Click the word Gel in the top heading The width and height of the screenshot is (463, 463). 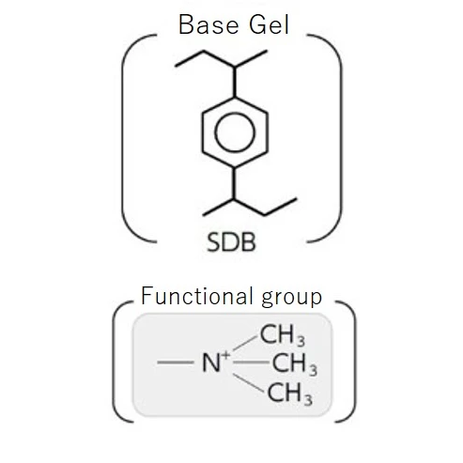pos(270,24)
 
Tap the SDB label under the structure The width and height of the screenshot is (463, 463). pos(231,242)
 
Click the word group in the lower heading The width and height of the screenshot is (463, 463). pos(291,298)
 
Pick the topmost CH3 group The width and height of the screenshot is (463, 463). pos(283,335)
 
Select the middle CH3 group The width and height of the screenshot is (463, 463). pos(295,364)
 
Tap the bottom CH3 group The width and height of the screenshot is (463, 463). pos(290,394)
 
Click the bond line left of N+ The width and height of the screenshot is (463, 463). pos(176,363)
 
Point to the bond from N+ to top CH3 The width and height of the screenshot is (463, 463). pos(245,343)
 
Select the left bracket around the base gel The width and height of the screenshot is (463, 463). pos(122,138)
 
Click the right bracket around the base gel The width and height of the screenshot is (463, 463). pos(341,138)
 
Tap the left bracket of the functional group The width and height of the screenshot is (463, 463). pos(113,362)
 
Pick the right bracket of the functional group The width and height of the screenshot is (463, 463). pos(355,362)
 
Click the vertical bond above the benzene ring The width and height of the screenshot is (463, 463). pos(235,82)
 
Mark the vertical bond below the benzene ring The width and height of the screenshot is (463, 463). pos(234,183)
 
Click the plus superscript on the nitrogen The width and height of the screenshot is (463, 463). pos(225,355)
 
